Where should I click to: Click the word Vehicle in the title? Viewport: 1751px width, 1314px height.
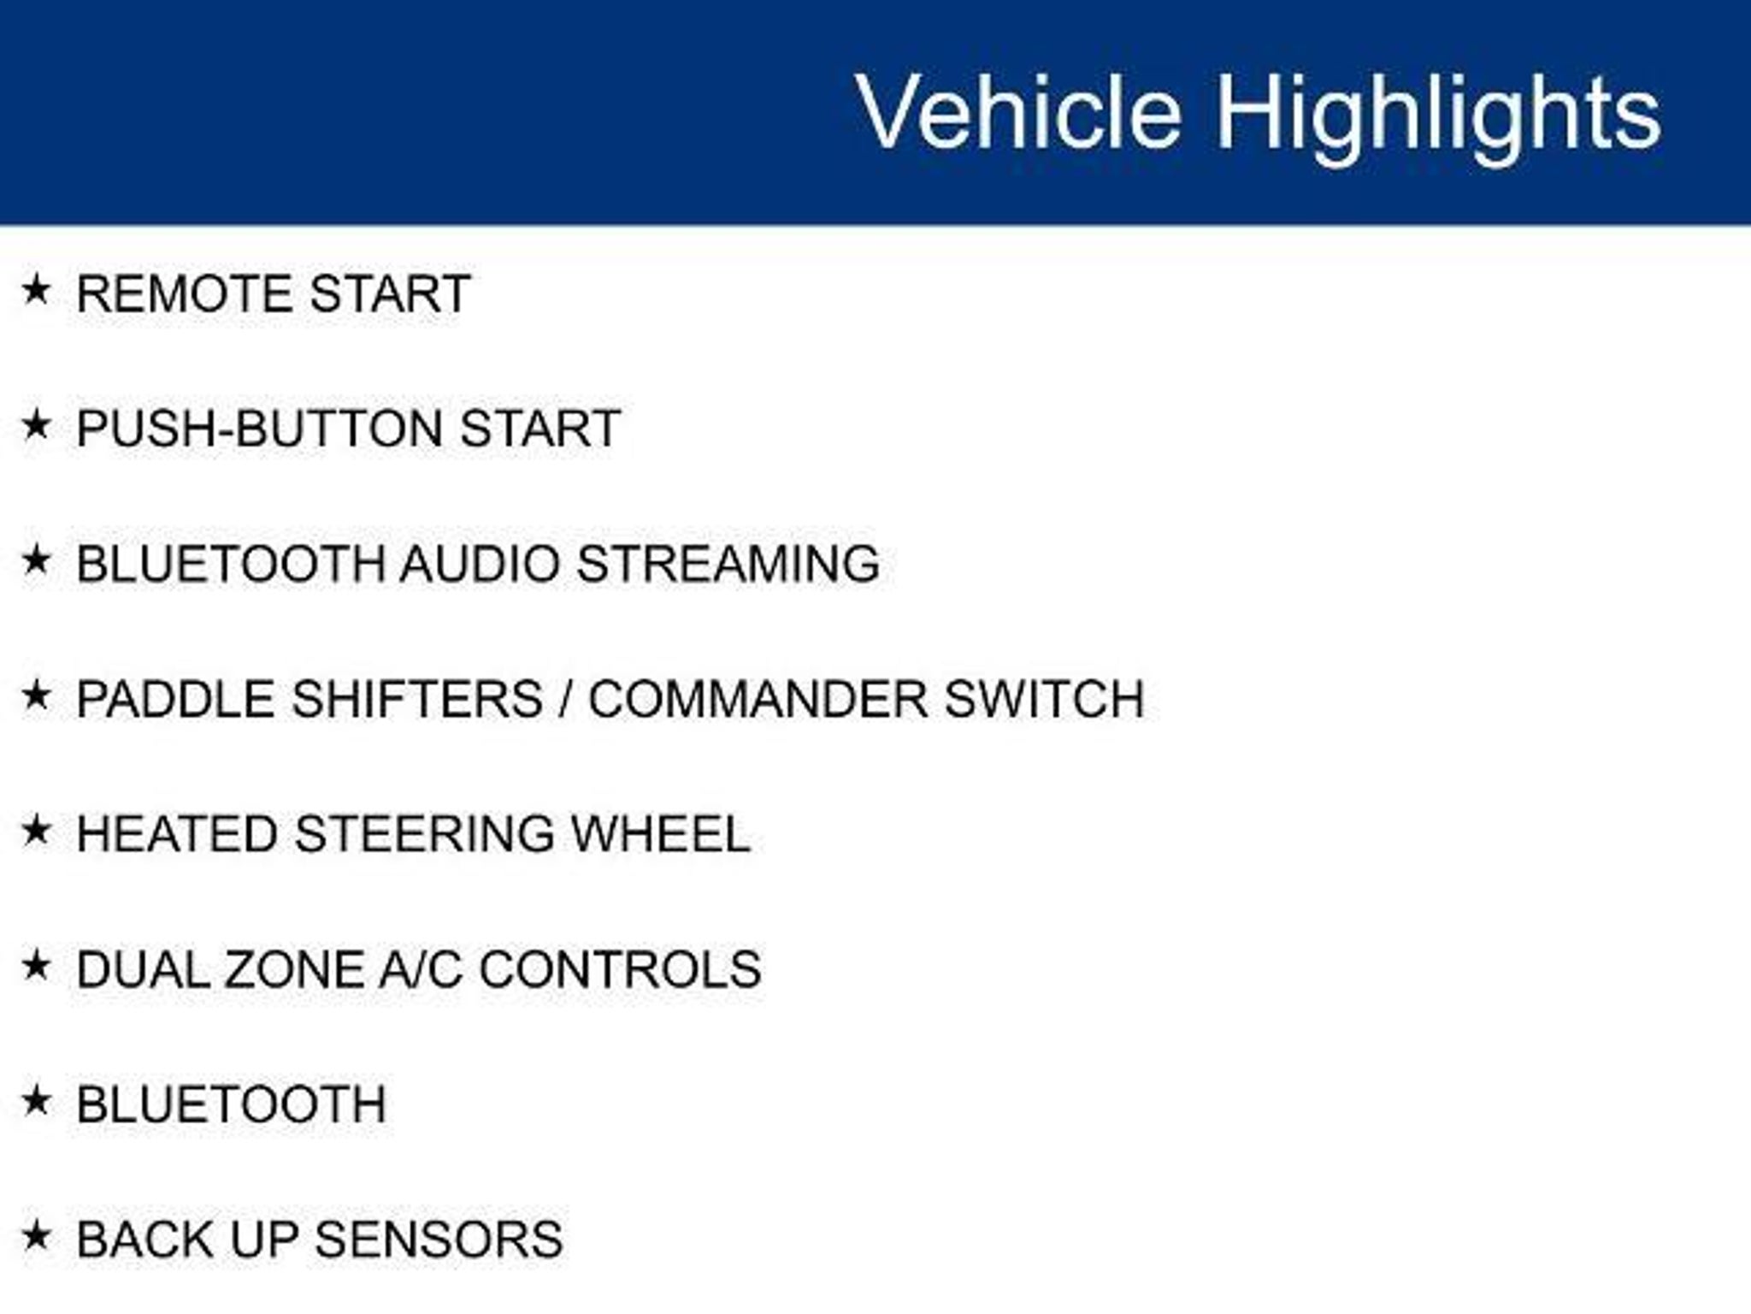click(1018, 112)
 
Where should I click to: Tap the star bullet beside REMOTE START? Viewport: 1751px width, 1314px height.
click(36, 290)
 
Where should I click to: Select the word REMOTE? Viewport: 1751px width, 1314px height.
click(186, 293)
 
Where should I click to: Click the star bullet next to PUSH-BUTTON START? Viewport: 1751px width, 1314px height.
click(36, 424)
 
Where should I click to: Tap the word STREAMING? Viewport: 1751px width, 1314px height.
click(728, 564)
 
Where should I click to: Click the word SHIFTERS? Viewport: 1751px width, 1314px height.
click(417, 699)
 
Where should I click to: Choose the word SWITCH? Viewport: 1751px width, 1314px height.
click(1045, 699)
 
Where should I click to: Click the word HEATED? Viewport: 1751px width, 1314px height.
click(177, 834)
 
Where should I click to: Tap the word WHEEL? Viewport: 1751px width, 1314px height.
click(661, 834)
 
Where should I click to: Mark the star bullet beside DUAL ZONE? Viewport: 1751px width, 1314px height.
click(36, 966)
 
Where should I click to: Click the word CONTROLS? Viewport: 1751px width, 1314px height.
click(620, 969)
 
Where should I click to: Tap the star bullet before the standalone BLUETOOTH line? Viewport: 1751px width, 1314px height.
click(36, 1101)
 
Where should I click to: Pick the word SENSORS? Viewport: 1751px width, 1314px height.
click(439, 1240)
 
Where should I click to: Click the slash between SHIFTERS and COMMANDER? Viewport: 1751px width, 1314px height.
click(565, 699)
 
